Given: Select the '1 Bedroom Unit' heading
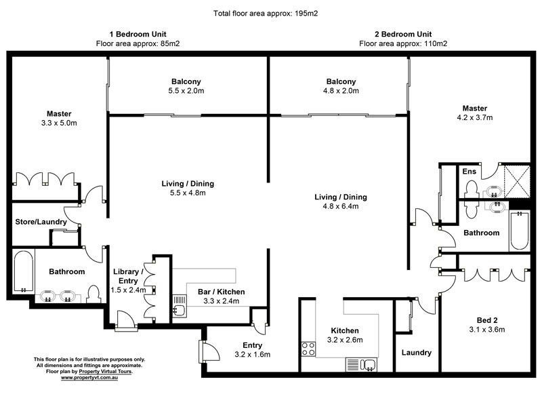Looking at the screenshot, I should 138,34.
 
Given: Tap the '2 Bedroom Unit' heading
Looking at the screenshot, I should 403,34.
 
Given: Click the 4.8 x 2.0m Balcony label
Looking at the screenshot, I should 341,85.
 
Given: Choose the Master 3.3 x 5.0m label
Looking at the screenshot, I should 59,118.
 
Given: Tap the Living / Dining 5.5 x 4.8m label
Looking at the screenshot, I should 188,188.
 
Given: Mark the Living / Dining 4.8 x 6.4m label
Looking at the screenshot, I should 341,201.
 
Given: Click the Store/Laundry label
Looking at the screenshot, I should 41,222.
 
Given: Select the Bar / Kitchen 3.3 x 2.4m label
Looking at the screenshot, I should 222,296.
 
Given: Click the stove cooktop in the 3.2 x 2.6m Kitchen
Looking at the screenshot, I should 308,349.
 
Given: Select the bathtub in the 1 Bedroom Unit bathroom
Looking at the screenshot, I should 23,272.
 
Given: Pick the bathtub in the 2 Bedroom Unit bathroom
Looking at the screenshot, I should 519,230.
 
